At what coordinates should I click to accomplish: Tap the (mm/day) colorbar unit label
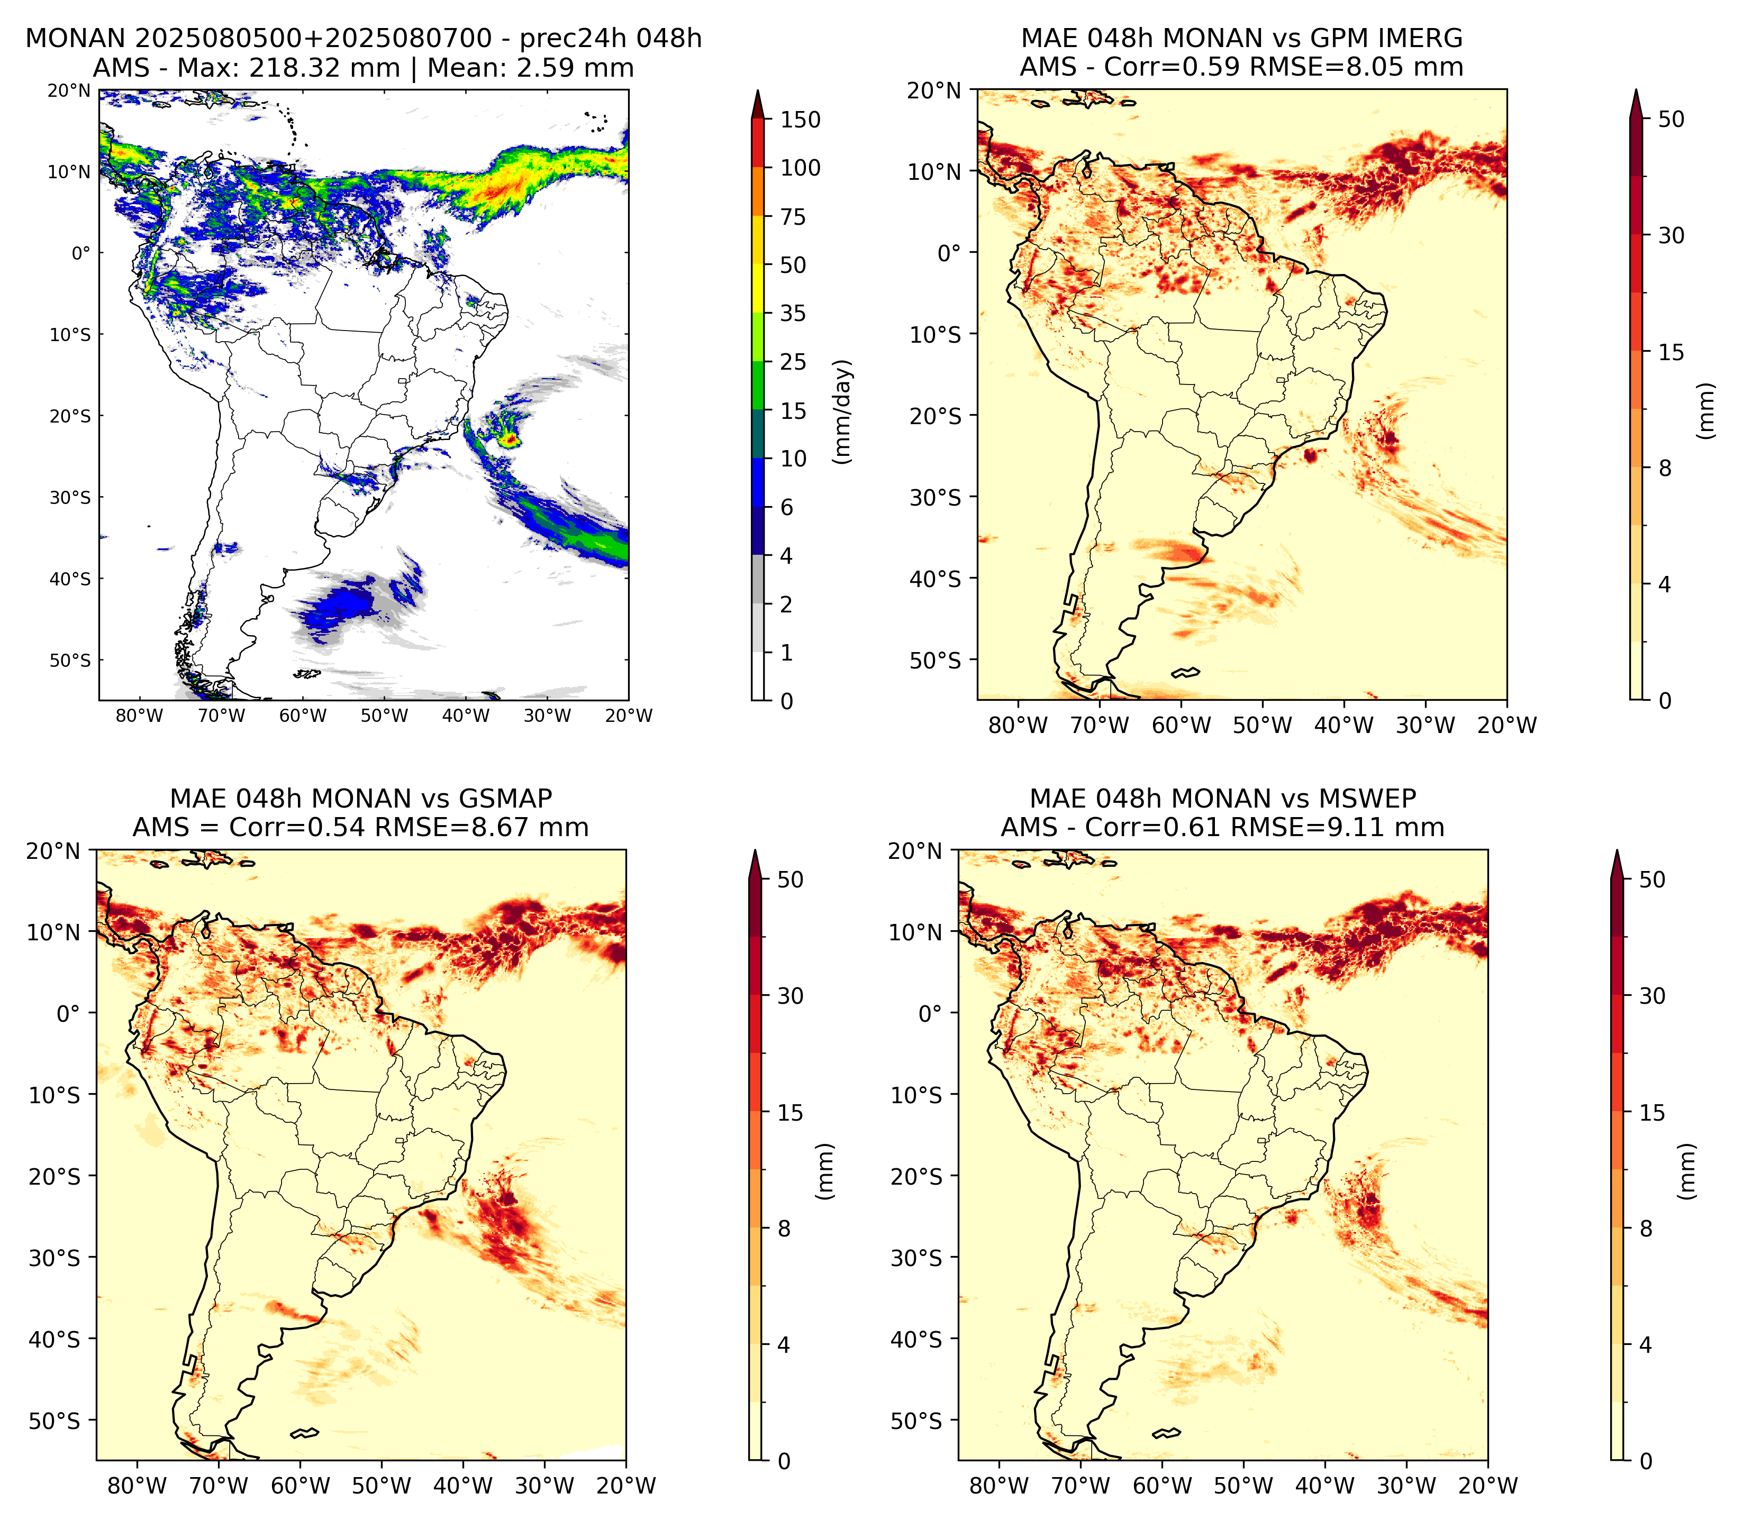click(842, 411)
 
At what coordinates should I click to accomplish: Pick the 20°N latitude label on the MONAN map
click(69, 91)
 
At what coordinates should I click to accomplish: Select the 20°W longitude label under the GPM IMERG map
click(1507, 726)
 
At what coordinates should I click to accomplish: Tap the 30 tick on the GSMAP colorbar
click(791, 996)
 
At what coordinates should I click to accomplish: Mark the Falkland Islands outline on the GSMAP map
click(304, 1434)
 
